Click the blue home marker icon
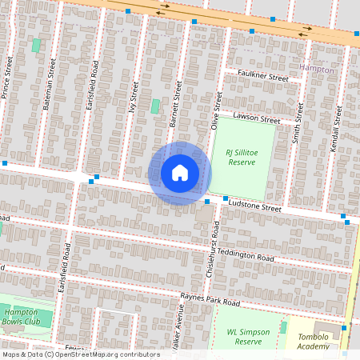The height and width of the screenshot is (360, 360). point(180,173)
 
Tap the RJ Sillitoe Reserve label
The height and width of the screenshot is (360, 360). point(242,157)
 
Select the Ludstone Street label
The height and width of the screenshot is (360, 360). point(255,207)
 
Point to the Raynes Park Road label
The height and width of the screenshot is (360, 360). point(210,301)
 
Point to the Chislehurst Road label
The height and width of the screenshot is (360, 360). point(212,256)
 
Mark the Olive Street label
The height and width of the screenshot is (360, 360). point(214,110)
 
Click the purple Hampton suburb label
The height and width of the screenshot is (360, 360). point(316,70)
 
